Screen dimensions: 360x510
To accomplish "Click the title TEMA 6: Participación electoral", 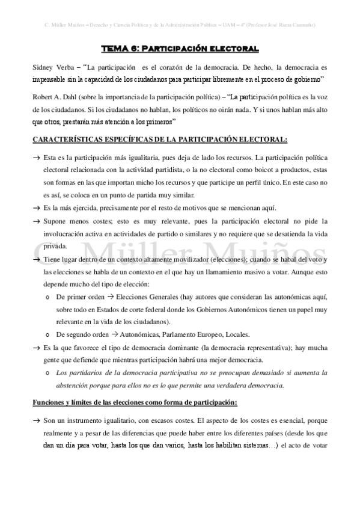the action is coord(180,48).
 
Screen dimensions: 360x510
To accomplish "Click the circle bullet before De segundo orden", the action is coord(47,335).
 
